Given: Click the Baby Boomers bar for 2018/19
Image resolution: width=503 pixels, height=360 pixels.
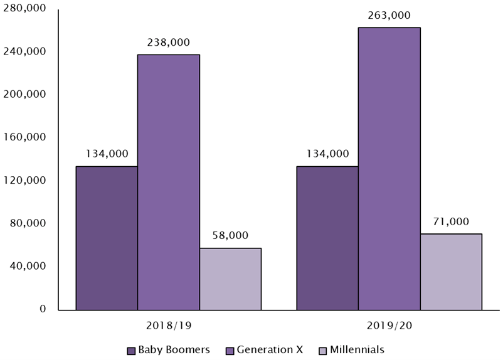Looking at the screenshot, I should click(x=107, y=238).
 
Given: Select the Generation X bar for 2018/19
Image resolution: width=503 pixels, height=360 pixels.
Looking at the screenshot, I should click(x=168, y=182).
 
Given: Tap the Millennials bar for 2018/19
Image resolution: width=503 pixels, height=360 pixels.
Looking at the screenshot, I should click(x=230, y=278).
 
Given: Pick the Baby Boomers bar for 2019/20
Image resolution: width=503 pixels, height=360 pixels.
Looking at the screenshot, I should click(x=327, y=238).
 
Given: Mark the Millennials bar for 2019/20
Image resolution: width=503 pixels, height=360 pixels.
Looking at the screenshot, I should click(x=451, y=272).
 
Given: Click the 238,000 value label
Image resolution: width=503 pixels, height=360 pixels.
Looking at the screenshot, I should click(x=169, y=42).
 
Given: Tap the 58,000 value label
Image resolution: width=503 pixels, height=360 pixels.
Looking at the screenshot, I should click(x=230, y=236).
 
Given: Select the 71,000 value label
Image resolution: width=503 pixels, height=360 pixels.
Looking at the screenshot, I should click(x=451, y=221).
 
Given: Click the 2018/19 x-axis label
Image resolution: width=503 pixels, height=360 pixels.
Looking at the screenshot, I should click(x=169, y=326).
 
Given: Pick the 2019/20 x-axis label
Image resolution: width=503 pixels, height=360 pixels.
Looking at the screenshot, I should click(x=389, y=326).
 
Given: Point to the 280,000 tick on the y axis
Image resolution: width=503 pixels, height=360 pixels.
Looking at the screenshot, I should click(x=26, y=8).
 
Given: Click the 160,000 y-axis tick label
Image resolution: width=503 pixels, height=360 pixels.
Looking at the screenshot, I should click(x=26, y=137).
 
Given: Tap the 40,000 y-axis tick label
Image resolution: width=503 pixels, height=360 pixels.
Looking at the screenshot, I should click(x=29, y=266).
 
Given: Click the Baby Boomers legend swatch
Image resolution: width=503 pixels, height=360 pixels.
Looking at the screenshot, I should click(x=131, y=350).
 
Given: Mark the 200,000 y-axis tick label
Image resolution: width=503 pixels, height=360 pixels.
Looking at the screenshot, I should click(x=26, y=94).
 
